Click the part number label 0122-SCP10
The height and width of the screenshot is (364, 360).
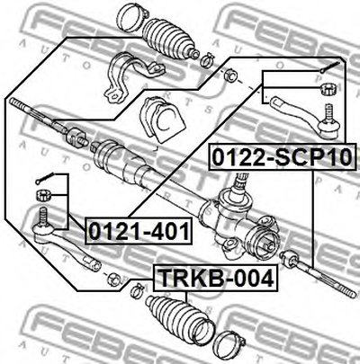click(x=282, y=156)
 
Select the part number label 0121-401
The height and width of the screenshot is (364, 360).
click(x=139, y=231)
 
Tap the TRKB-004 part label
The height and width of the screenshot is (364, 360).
click(x=216, y=278)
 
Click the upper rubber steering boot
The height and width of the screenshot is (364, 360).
click(x=169, y=39)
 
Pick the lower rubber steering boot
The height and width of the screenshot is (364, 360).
click(x=179, y=318)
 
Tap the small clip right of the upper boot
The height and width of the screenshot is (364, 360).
click(x=207, y=59)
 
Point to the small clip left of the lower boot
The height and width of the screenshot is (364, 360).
click(x=137, y=289)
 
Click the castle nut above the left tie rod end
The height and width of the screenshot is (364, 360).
click(x=44, y=195)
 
